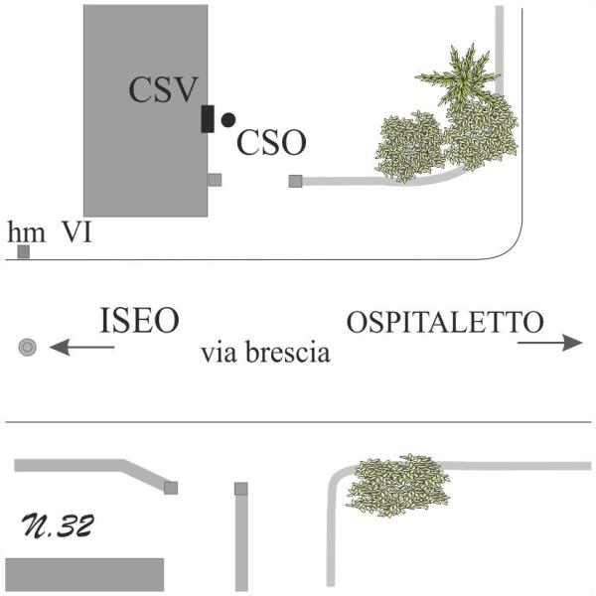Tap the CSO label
coord(271,143)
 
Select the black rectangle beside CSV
coord(208,118)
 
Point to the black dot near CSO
coord(228,119)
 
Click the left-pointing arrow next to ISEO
coord(81,347)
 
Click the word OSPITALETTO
coord(445,322)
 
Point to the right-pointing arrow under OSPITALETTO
coord(549,343)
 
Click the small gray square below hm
coord(23,252)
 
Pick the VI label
coord(77,232)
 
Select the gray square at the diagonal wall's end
coord(171,488)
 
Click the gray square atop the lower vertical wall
coord(240,489)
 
